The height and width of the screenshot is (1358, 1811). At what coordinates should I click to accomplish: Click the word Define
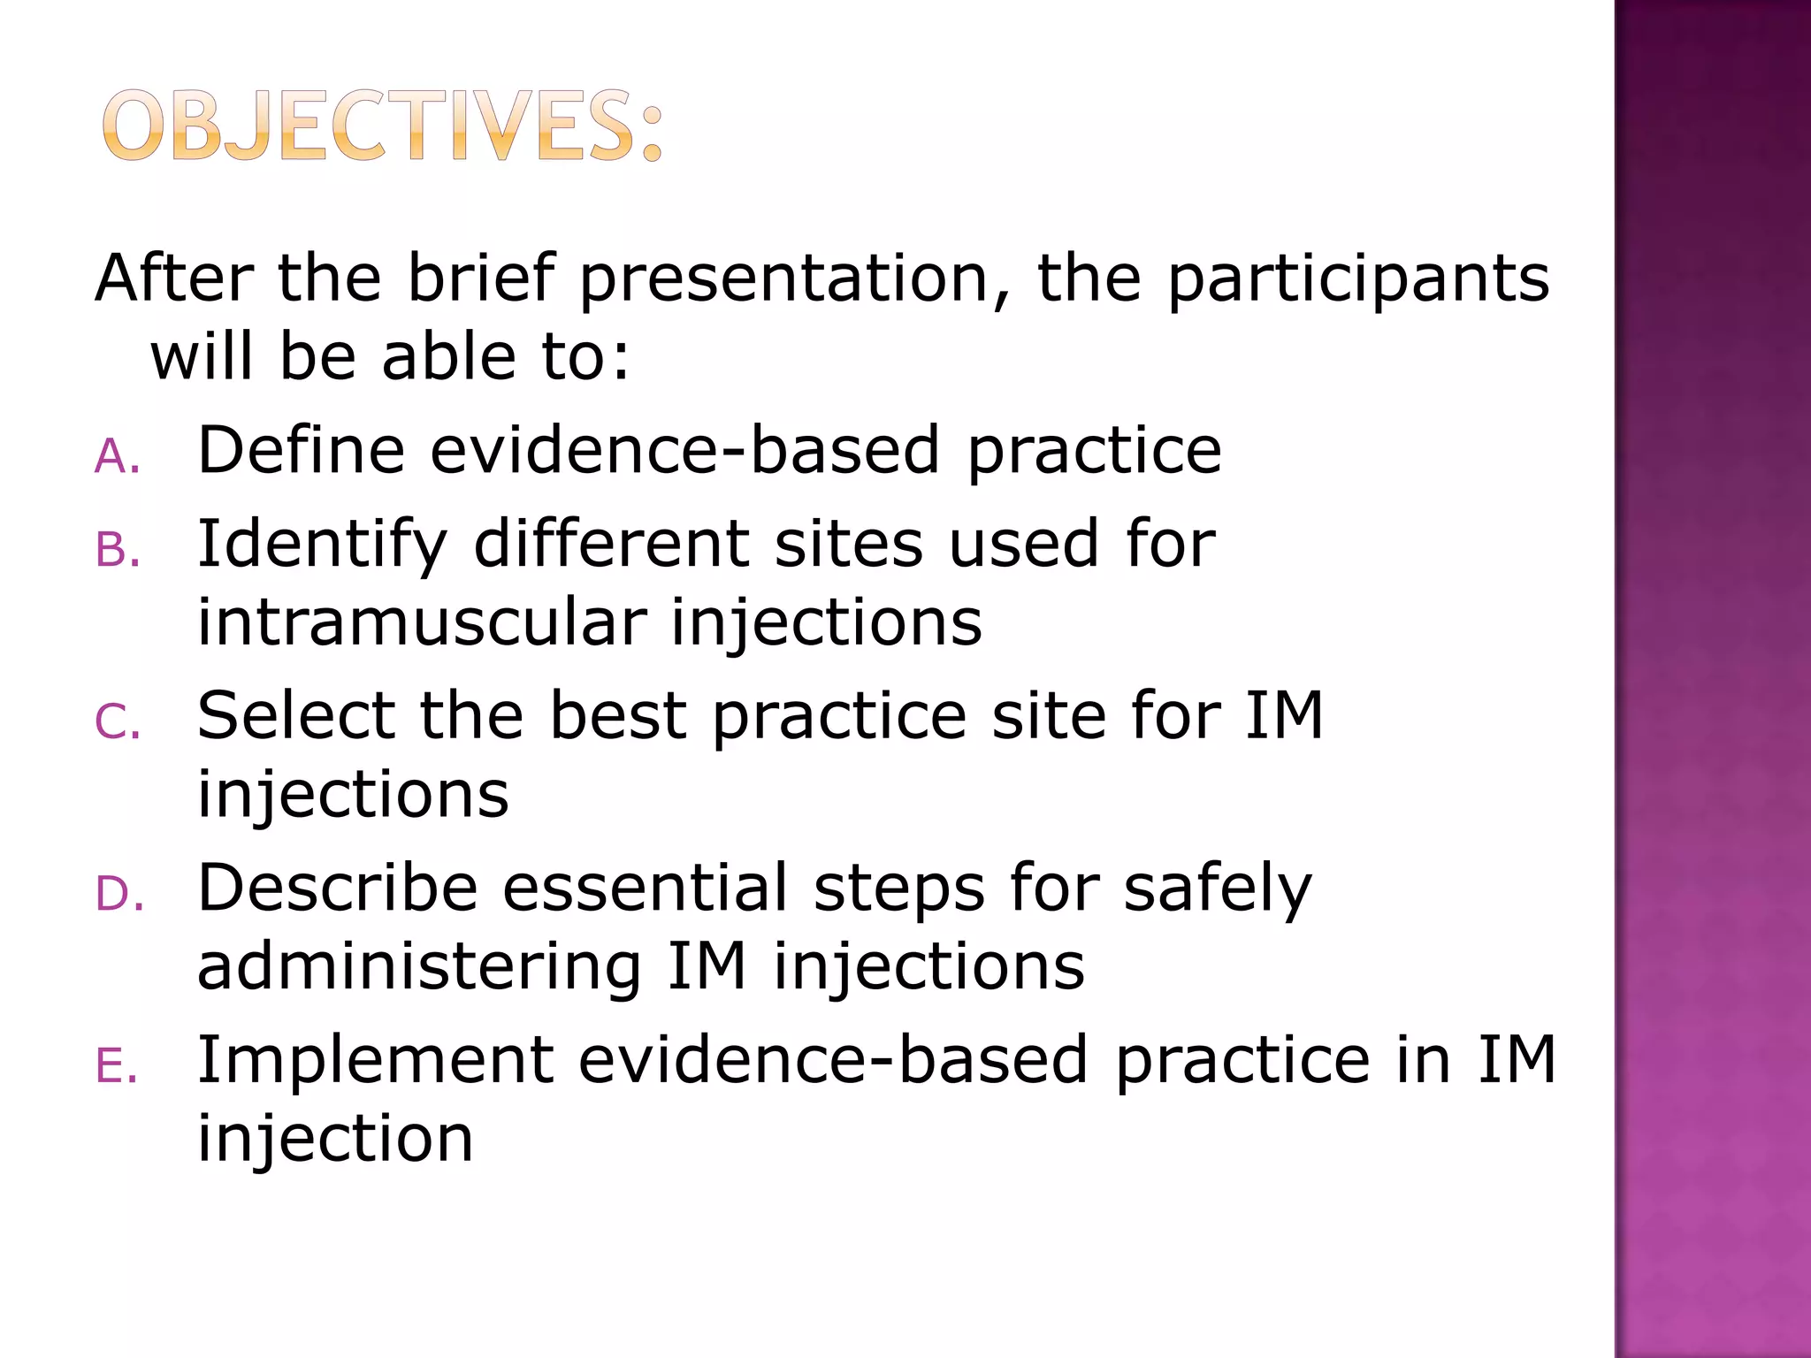(301, 450)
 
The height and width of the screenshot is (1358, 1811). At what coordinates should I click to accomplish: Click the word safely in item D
(1218, 889)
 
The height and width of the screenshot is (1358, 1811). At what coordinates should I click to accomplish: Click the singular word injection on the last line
(335, 1141)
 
